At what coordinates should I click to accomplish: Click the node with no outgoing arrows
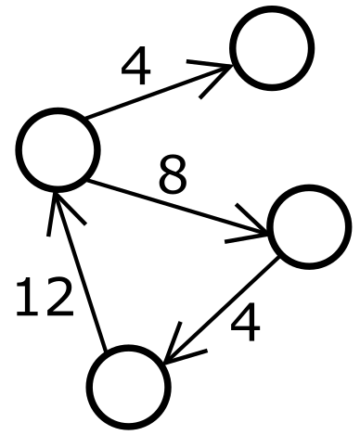point(271,48)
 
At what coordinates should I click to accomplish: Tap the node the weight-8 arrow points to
point(308,226)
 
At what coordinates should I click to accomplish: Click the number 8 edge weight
point(173,174)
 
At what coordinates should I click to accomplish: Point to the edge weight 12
point(44,299)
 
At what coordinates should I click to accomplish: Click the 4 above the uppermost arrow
point(135,68)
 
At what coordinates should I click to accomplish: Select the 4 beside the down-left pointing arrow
point(244,325)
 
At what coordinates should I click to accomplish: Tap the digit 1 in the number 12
point(25,299)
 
